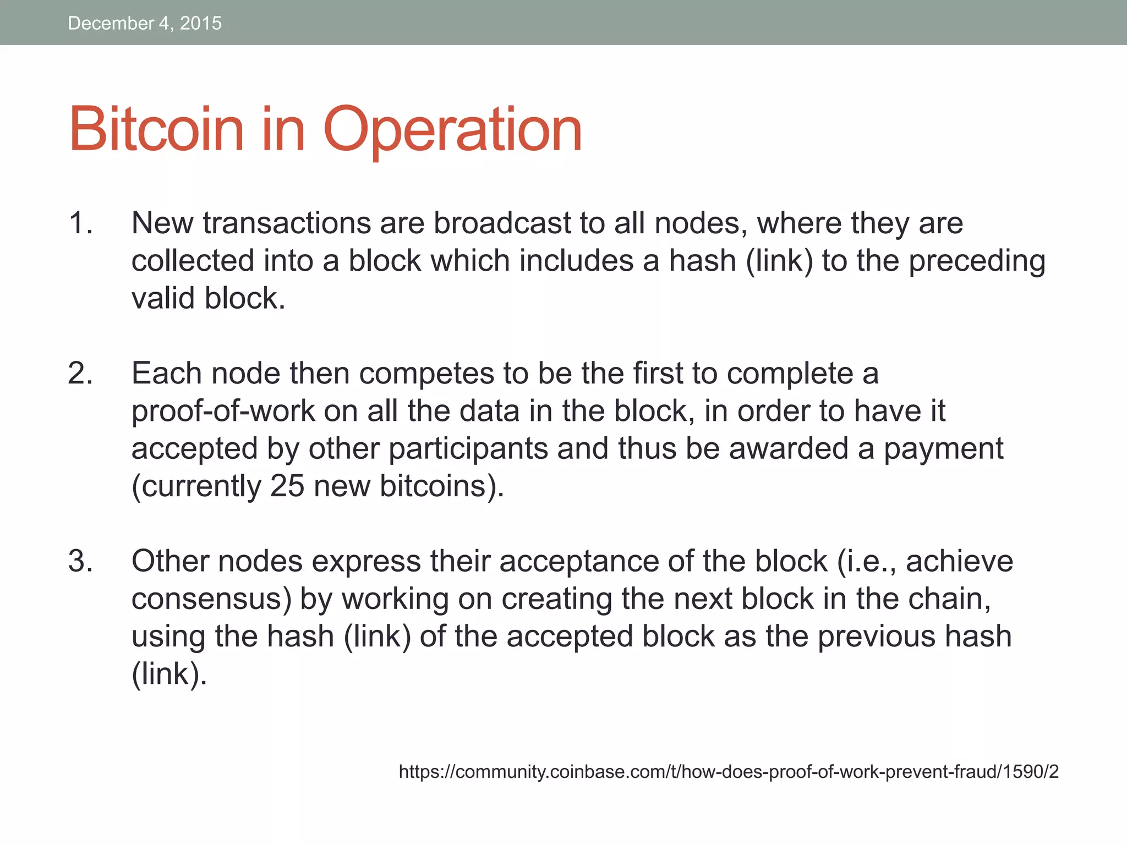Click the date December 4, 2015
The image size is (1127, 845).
coord(144,23)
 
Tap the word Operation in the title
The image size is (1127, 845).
coord(452,131)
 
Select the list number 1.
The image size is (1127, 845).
coord(80,223)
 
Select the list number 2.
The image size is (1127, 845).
coord(80,374)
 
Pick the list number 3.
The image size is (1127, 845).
coord(80,561)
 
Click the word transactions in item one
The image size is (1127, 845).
coord(287,223)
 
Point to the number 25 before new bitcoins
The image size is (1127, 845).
coord(287,486)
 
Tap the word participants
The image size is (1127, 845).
coord(468,449)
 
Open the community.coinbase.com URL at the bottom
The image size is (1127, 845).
coord(729,772)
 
